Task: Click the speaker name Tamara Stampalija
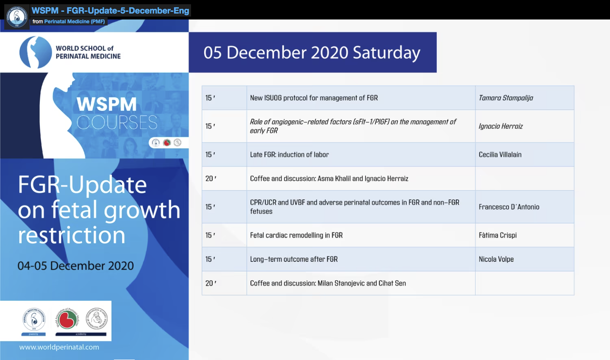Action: point(506,98)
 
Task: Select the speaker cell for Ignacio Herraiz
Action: point(501,126)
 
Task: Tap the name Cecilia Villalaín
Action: point(500,155)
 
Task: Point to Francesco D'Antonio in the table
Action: point(509,207)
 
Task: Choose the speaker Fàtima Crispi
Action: point(498,235)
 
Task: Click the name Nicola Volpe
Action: point(496,259)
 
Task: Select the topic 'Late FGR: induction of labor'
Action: point(289,155)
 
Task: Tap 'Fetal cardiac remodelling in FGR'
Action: point(296,235)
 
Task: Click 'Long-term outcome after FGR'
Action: point(294,259)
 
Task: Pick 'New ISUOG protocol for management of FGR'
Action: point(314,98)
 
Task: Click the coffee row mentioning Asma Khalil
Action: point(329,179)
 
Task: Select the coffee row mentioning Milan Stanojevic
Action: point(328,283)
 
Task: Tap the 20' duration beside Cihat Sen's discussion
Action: point(211,283)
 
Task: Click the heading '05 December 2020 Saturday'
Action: point(312,53)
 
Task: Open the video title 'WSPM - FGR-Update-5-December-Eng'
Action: point(110,10)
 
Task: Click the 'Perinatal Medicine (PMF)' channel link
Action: point(75,22)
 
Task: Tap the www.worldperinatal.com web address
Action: point(59,347)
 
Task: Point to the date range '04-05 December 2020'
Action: point(75,266)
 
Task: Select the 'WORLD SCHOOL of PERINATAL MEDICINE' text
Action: point(88,53)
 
